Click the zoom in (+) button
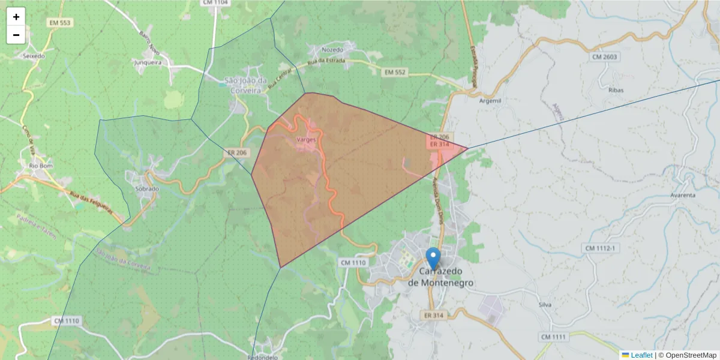[16, 17]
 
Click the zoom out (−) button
[16, 35]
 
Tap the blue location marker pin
[433, 259]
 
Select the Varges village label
[306, 139]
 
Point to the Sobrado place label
[147, 188]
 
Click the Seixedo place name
[34, 56]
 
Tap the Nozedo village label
[332, 50]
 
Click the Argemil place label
[490, 101]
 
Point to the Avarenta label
[683, 195]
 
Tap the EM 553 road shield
[61, 23]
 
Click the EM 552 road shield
[395, 72]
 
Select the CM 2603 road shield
[604, 57]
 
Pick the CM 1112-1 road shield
[602, 248]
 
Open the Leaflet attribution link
[641, 355]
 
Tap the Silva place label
[545, 305]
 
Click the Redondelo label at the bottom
[262, 356]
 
